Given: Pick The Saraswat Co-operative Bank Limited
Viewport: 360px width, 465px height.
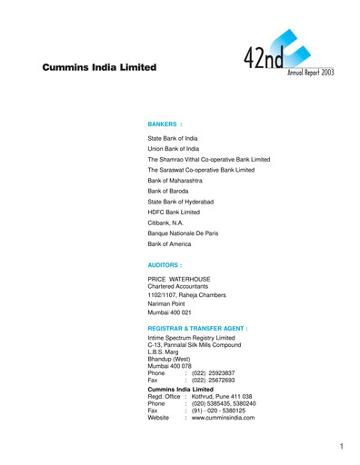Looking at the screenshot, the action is coord(207,170).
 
